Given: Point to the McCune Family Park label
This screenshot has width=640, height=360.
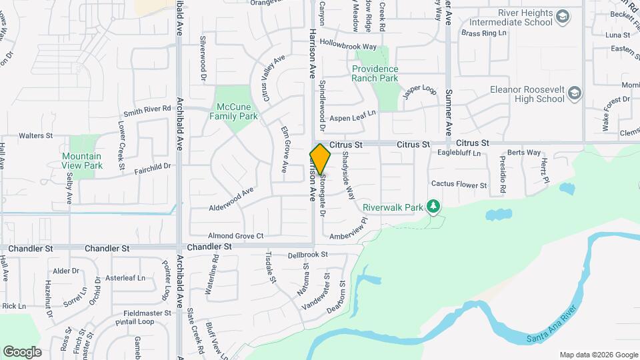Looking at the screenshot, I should (x=237, y=111).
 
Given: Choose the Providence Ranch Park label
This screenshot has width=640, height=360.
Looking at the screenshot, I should (x=375, y=73).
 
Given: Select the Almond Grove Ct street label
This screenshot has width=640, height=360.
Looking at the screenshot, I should (x=236, y=236).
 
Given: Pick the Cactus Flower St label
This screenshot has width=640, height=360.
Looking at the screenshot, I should (x=459, y=184).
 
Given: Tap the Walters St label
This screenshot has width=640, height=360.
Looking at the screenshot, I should (x=36, y=135).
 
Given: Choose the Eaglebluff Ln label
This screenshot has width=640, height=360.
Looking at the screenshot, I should (x=459, y=153).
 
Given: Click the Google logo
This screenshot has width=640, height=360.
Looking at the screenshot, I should (x=22, y=352).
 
